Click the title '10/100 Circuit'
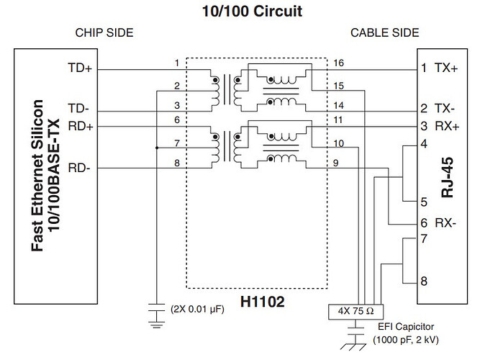point(252,12)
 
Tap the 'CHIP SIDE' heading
point(104,33)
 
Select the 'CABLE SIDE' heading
point(385,33)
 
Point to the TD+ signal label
point(80,68)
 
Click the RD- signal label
point(79,168)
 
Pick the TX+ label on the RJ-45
point(446,68)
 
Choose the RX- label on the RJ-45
point(445,223)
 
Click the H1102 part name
point(263,302)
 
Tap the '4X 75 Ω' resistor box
point(356,312)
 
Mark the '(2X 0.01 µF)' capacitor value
point(197,309)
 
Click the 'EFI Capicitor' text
point(406,327)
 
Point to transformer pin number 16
point(338,63)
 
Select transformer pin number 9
point(336,163)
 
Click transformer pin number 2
point(177,86)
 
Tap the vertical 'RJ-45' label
point(447,177)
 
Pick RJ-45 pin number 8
point(424,282)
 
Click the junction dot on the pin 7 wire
point(157,148)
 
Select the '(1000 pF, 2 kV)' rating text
point(406,340)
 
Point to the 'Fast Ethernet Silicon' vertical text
point(37,176)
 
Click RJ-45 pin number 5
point(424,202)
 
